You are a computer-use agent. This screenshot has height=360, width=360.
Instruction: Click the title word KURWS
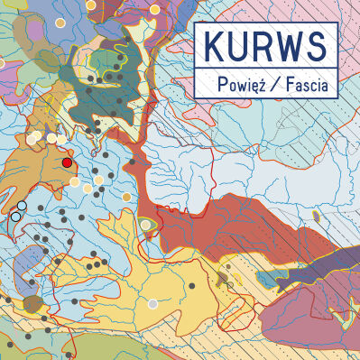coord(264,45)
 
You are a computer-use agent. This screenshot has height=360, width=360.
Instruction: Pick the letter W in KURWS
coord(288,45)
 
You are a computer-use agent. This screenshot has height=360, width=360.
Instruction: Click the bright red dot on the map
coord(67,163)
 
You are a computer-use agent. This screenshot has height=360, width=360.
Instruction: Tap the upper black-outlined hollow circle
coord(22,207)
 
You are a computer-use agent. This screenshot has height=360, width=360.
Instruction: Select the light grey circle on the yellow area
coord(152,304)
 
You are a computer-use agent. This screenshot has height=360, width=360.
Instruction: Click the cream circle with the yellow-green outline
coord(154,9)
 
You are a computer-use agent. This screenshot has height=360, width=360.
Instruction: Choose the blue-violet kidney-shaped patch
coord(27,265)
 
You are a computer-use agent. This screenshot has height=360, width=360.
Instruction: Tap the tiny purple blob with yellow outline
coord(316,215)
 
